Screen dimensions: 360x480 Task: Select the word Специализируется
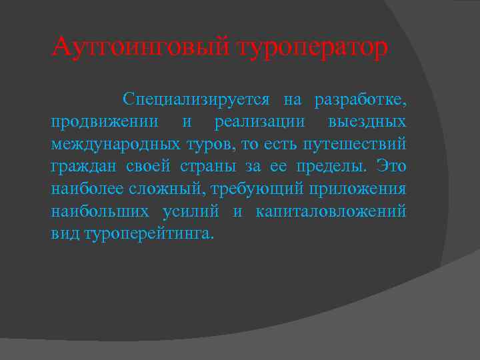196,100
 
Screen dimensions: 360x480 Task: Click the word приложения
357,189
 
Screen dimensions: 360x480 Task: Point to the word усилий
194,211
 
